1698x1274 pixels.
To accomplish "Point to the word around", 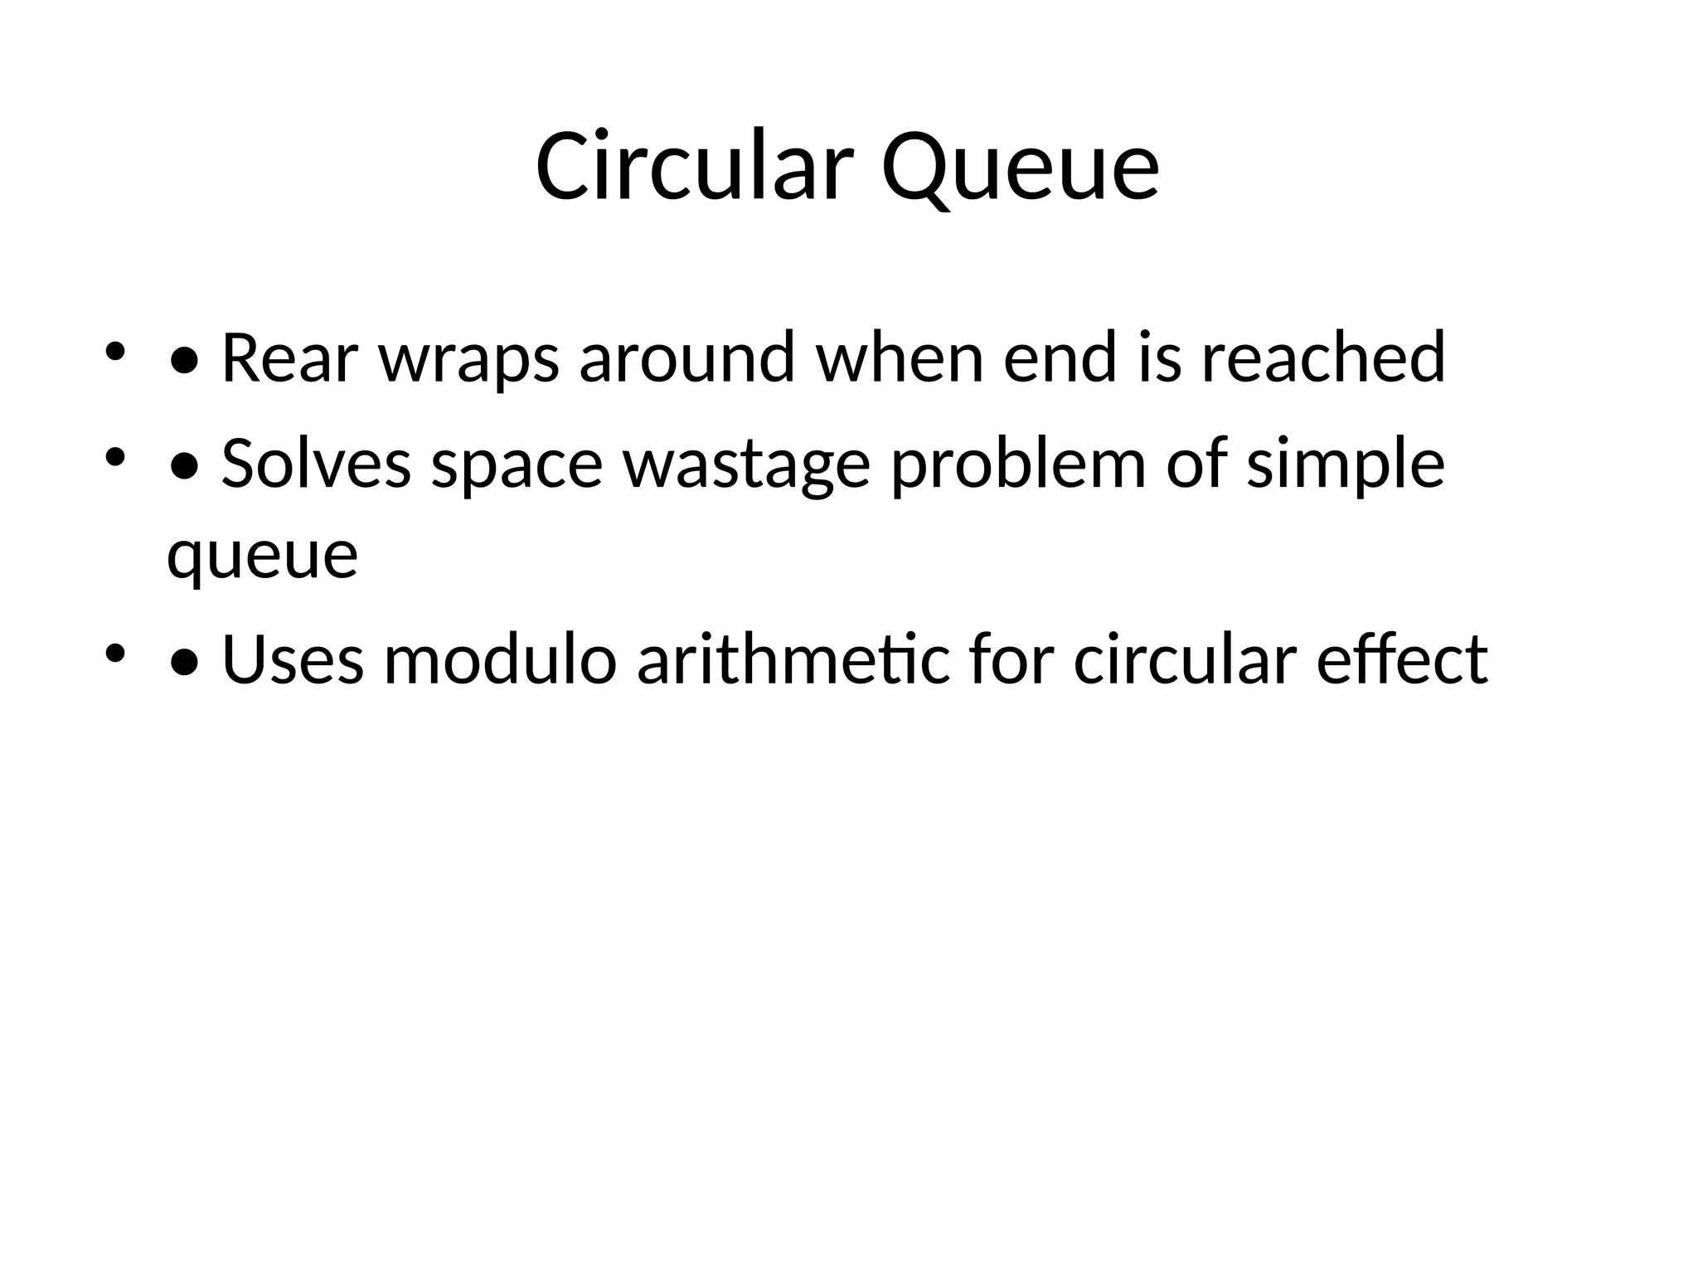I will coord(687,358).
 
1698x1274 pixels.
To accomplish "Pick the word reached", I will coord(1323,358).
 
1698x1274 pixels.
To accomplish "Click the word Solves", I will coord(316,464).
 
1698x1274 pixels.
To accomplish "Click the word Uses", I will coord(293,660).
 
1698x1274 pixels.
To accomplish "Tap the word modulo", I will coord(500,660).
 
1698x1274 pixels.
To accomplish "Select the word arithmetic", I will coord(793,660).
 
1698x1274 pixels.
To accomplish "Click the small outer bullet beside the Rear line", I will coord(114,352).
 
